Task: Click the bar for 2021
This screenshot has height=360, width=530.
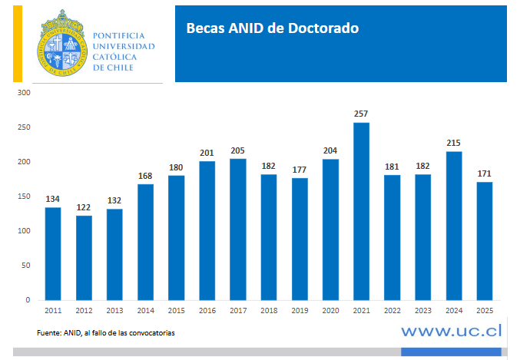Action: (361, 211)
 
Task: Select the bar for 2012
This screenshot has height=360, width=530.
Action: (83, 258)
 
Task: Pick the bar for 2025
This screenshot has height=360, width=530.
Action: (485, 241)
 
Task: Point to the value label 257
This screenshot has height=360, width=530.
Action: (361, 114)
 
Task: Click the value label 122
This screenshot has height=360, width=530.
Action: (83, 207)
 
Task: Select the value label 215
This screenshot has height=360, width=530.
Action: (454, 143)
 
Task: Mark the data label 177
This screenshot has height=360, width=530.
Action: (299, 170)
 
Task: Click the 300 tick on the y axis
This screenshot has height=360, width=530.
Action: (24, 93)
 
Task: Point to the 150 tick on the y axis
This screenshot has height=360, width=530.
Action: (24, 197)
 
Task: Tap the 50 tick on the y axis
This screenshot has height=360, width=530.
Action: (26, 266)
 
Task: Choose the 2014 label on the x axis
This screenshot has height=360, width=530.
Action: (144, 311)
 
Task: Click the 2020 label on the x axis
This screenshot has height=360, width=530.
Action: (330, 311)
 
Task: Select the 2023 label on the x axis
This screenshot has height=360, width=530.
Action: (422, 311)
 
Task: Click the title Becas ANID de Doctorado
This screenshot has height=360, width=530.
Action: (272, 29)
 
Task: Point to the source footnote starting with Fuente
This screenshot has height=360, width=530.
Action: (106, 332)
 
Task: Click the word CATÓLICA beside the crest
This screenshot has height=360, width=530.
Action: (116, 57)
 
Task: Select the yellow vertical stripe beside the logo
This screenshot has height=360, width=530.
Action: (17, 42)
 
